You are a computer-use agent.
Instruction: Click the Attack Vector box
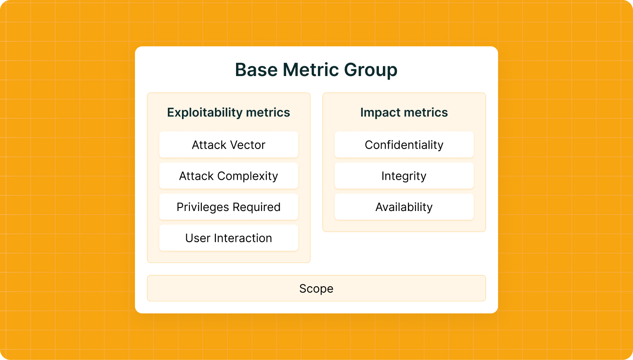[x=229, y=144]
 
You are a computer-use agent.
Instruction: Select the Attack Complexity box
[x=229, y=175]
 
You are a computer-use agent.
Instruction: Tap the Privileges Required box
[x=229, y=207]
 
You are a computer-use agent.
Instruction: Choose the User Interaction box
[x=229, y=238]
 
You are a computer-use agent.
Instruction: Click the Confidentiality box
[x=404, y=144]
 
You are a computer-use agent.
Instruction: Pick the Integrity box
[x=404, y=175]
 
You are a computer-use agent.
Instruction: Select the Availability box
[x=404, y=207]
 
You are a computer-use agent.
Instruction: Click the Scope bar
[x=316, y=288]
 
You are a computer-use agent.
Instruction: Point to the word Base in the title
[x=256, y=69]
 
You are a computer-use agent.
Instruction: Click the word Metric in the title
[x=310, y=69]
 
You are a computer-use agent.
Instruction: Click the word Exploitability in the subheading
[x=205, y=113]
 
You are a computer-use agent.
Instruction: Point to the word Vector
[x=247, y=145]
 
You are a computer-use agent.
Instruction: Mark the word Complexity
[x=247, y=176]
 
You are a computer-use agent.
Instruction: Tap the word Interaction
[x=243, y=238]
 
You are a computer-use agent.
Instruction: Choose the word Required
[x=257, y=207]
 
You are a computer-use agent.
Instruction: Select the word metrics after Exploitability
[x=268, y=113]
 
